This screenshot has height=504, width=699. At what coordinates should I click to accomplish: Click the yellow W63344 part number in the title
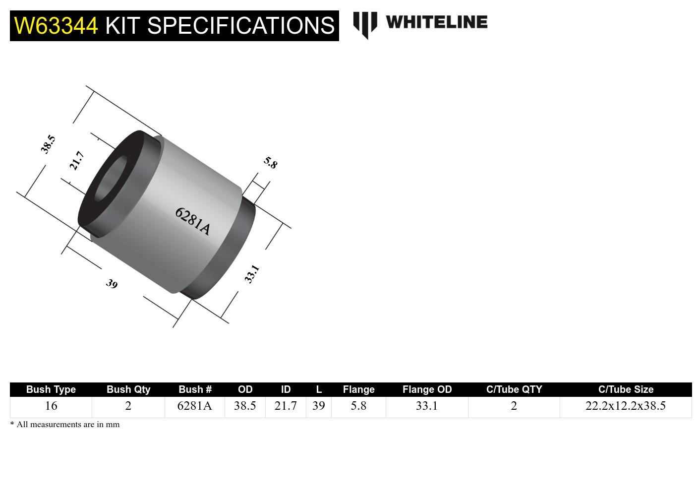(x=56, y=25)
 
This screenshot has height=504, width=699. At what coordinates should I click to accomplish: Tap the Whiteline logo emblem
(x=365, y=24)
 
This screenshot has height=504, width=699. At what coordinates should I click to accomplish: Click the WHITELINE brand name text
(x=436, y=22)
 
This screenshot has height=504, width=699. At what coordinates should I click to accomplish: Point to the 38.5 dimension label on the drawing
(x=48, y=144)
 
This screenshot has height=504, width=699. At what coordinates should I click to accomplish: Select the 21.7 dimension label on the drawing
(x=77, y=161)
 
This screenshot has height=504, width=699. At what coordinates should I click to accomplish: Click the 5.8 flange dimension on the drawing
(x=270, y=162)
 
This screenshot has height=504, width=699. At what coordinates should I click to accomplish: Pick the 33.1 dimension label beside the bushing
(x=252, y=274)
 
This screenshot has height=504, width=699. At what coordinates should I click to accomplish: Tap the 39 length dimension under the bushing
(x=112, y=284)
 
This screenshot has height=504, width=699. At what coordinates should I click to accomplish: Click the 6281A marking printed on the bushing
(x=193, y=221)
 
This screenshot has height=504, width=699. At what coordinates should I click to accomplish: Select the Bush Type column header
(x=51, y=389)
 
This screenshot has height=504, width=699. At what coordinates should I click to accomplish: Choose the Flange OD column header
(x=427, y=389)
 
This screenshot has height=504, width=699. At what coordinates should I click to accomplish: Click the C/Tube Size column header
(x=626, y=389)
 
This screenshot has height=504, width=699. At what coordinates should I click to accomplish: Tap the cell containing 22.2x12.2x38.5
(x=625, y=406)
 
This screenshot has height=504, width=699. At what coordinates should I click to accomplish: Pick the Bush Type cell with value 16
(x=51, y=406)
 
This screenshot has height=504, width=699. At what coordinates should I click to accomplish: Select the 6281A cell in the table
(x=194, y=406)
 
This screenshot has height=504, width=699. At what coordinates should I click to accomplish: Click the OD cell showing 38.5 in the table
(x=245, y=406)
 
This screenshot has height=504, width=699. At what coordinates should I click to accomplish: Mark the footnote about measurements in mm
(x=65, y=424)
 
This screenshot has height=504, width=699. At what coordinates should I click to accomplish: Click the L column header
(x=319, y=389)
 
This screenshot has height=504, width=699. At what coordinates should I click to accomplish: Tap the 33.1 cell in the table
(x=427, y=406)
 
